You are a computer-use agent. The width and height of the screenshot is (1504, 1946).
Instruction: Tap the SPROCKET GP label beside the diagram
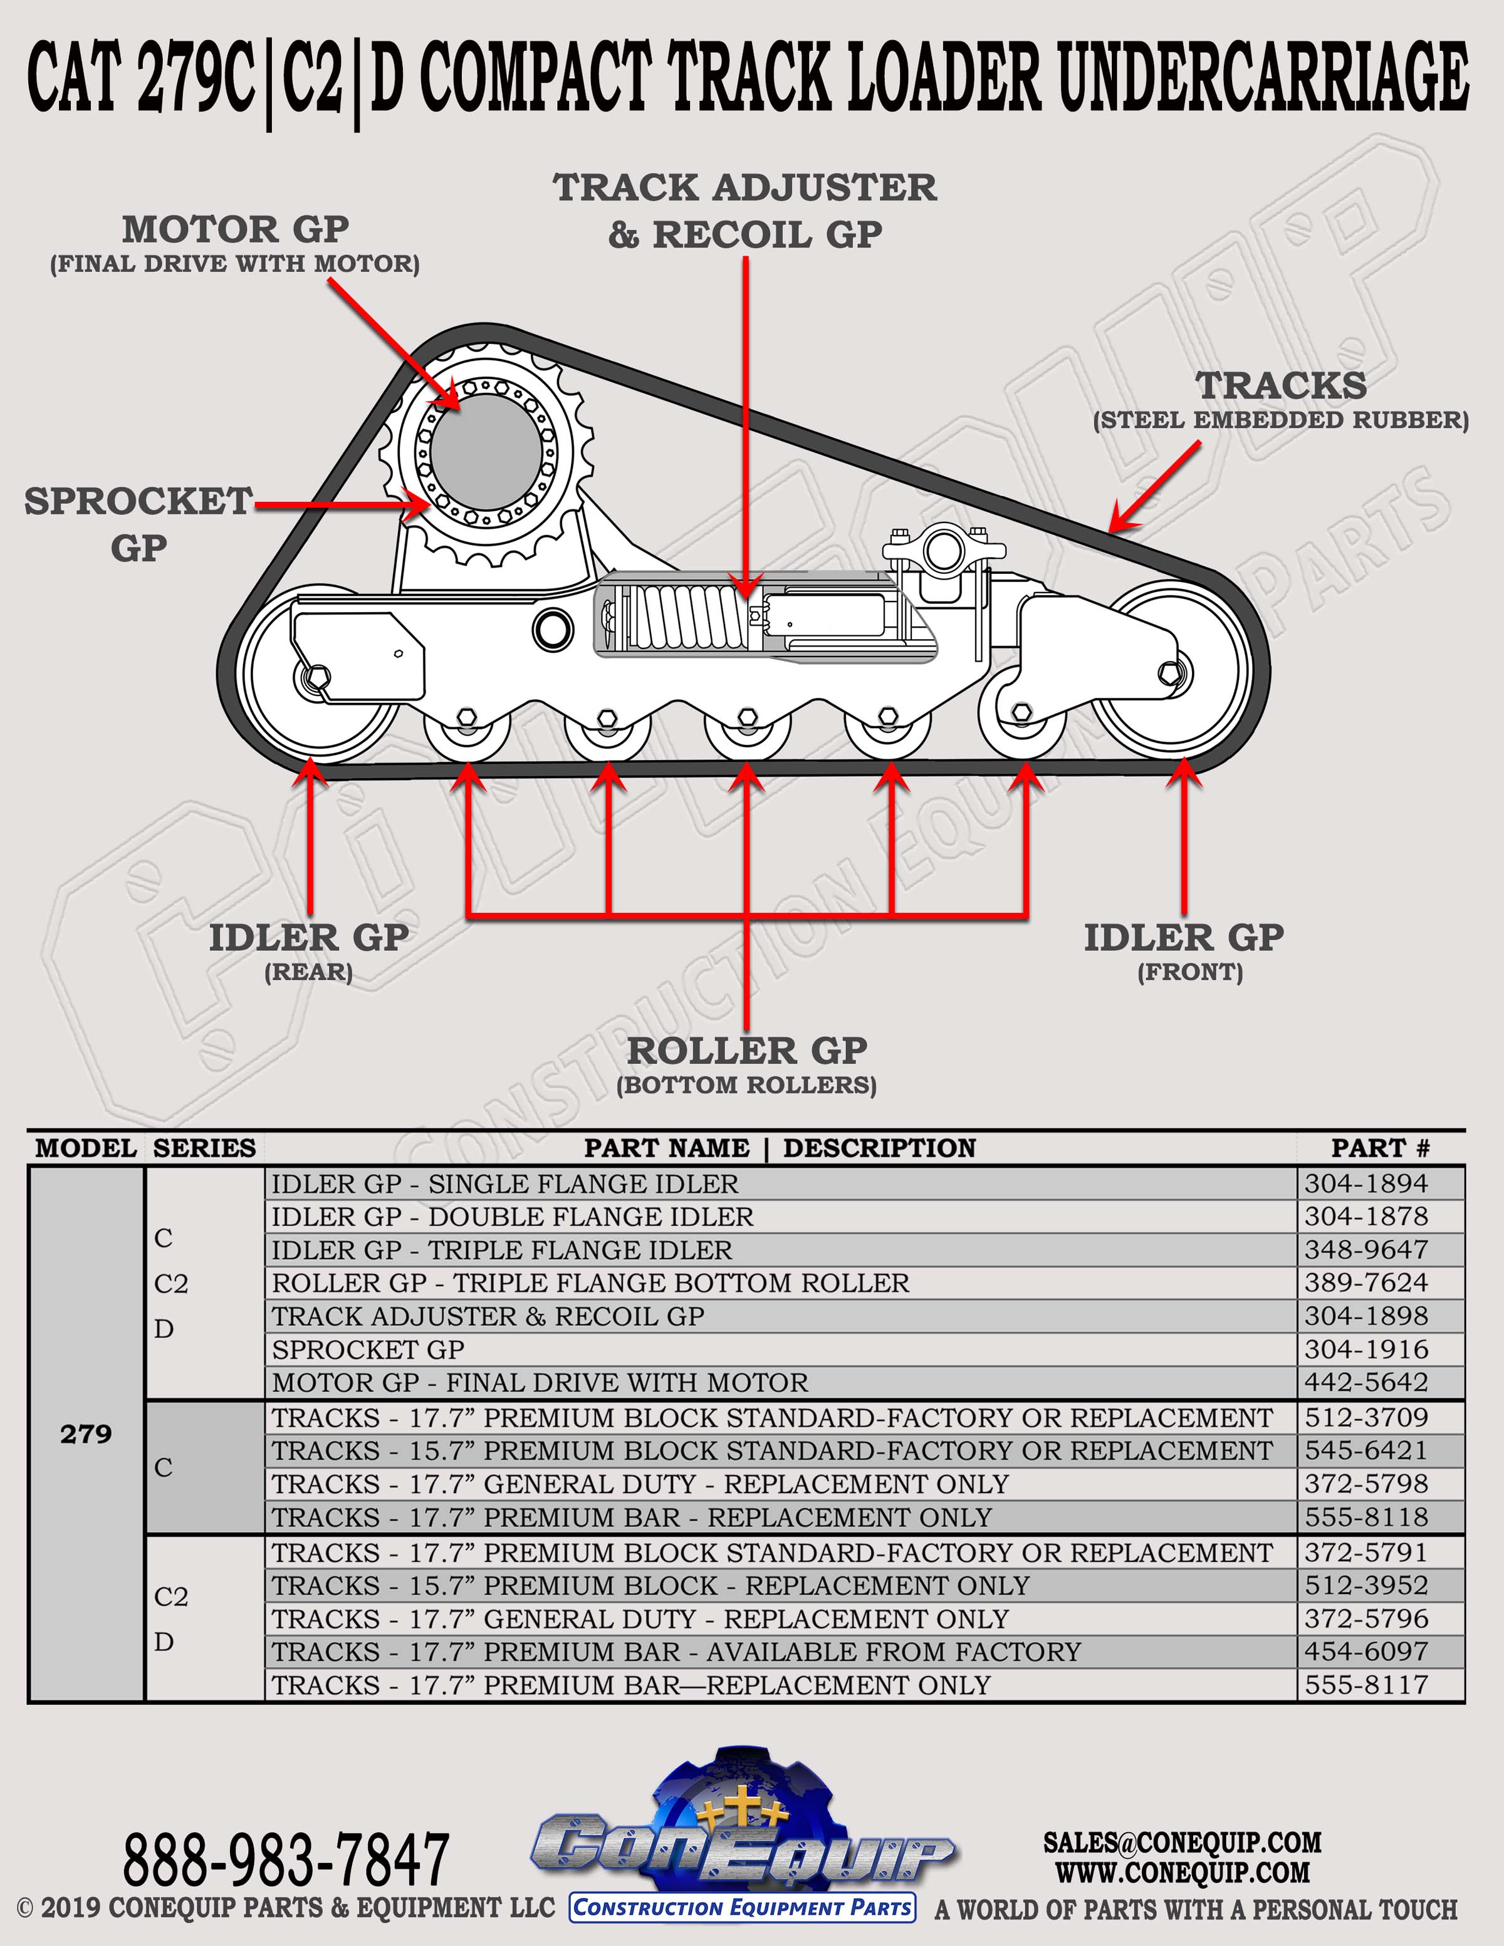(139, 524)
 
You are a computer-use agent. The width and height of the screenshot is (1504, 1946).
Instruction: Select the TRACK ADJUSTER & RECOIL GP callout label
(745, 211)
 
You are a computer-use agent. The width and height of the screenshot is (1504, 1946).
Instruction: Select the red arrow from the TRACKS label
(1155, 486)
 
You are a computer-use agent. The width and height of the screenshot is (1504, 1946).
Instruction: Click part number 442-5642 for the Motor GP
(1366, 1382)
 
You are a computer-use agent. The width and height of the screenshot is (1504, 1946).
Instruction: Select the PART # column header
(1380, 1148)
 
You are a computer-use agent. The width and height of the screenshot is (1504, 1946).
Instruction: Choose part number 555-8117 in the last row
(1366, 1685)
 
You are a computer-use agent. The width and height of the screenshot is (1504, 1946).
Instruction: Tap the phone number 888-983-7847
(285, 1860)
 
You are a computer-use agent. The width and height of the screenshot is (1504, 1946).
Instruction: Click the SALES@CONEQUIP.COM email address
(1183, 1842)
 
